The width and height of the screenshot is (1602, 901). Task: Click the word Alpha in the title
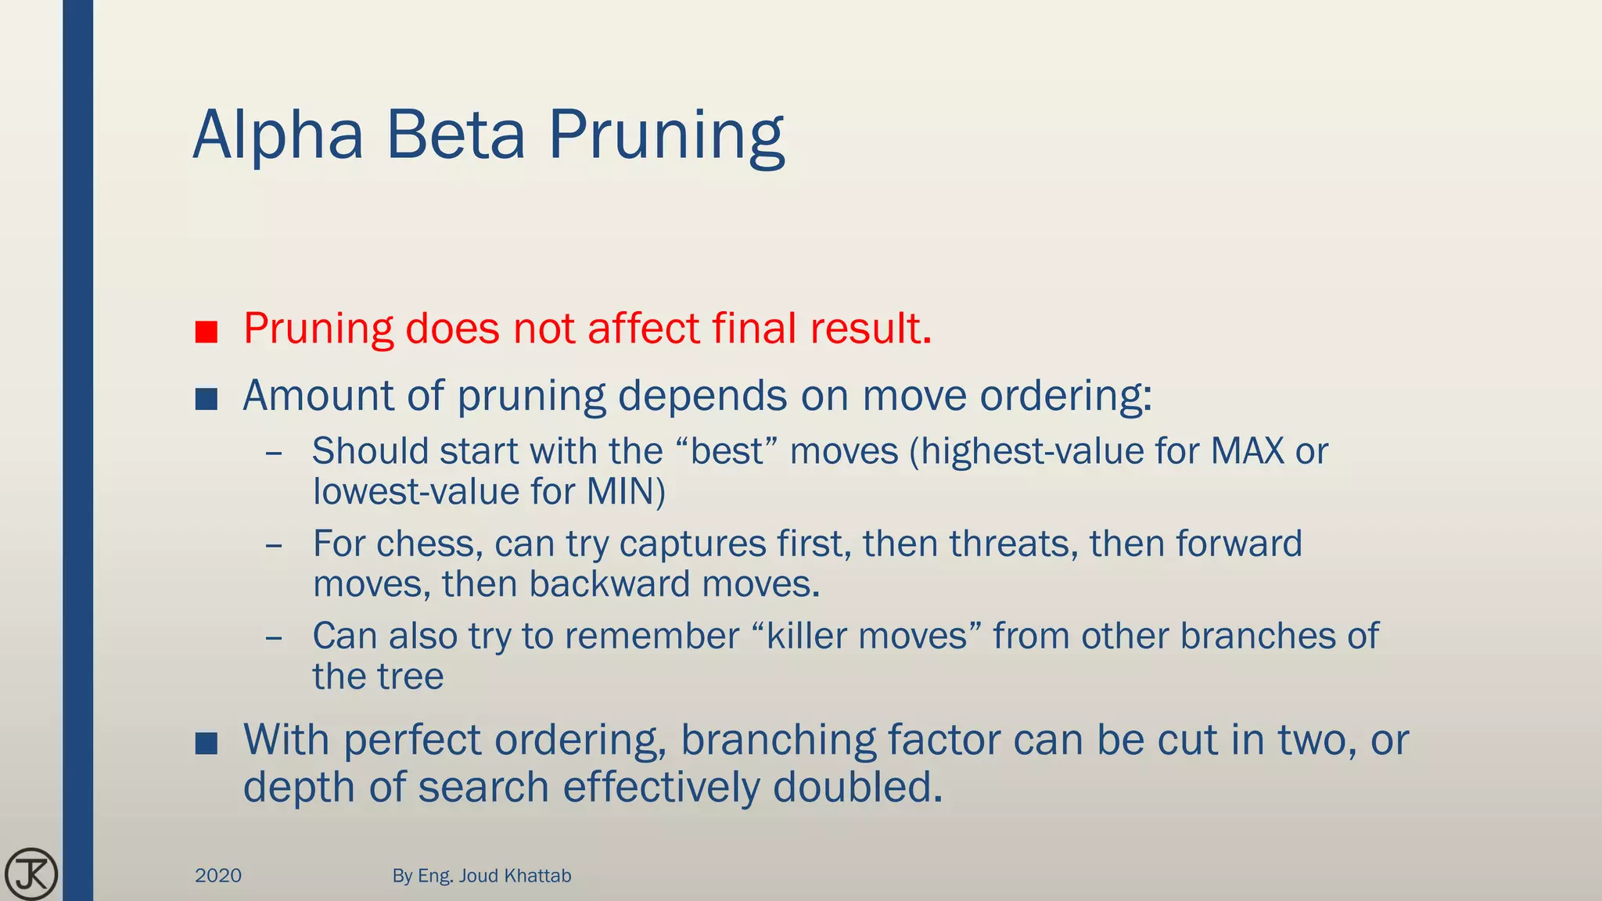tap(278, 135)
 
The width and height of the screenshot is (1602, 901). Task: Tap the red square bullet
tap(207, 332)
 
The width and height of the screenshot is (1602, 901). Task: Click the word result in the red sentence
tap(871, 328)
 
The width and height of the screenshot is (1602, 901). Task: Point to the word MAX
tap(1247, 451)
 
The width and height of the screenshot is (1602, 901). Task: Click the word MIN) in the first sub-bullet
tap(626, 492)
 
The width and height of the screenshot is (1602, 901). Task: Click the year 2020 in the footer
tap(218, 875)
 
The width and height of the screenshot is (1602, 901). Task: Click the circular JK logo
tap(31, 873)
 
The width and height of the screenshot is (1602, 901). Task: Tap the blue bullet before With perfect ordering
tap(207, 744)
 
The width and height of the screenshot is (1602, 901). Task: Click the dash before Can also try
tap(274, 637)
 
